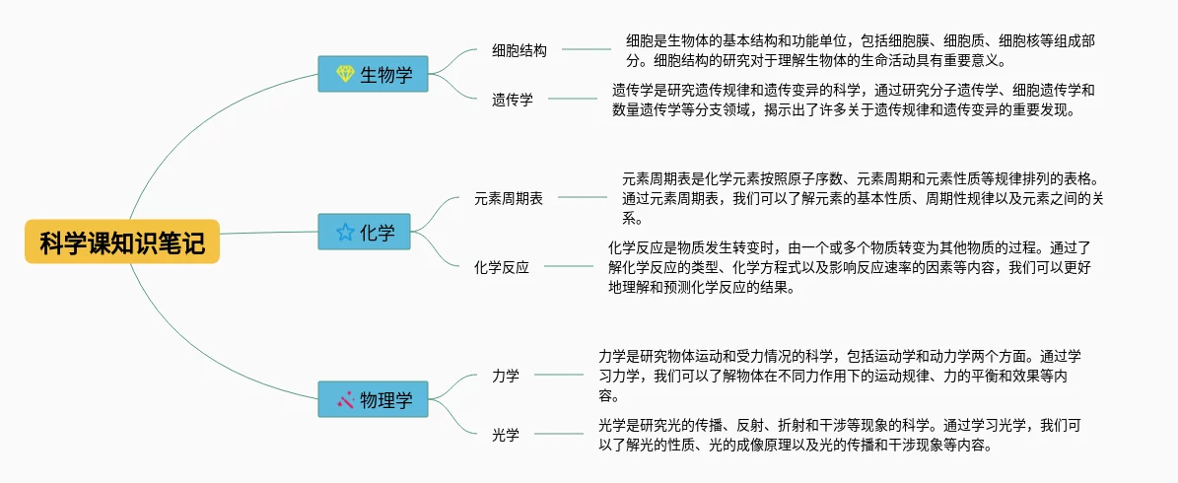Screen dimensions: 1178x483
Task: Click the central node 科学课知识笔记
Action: [121, 241]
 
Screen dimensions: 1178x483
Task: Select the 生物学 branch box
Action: [373, 74]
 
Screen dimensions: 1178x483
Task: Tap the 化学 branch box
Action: [364, 232]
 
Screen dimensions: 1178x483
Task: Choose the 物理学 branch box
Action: [373, 399]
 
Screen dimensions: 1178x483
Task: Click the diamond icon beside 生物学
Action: [345, 74]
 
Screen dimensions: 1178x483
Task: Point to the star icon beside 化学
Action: [345, 232]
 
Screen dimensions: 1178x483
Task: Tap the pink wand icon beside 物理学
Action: [345, 399]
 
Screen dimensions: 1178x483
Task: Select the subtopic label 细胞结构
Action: [520, 50]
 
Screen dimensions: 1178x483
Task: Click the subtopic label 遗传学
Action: [513, 100]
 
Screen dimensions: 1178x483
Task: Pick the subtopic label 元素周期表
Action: [509, 198]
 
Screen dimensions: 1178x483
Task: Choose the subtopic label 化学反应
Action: [501, 267]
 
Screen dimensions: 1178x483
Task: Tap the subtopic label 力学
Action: [506, 375]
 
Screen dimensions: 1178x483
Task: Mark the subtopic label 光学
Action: [506, 434]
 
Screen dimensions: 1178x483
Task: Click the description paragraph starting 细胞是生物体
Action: [866, 50]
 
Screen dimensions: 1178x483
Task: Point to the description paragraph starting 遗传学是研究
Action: [855, 100]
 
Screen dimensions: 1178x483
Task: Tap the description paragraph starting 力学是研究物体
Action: [840, 375]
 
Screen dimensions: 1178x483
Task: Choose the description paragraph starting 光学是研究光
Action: [840, 435]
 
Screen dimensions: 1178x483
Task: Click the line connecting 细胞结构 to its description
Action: [587, 49]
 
